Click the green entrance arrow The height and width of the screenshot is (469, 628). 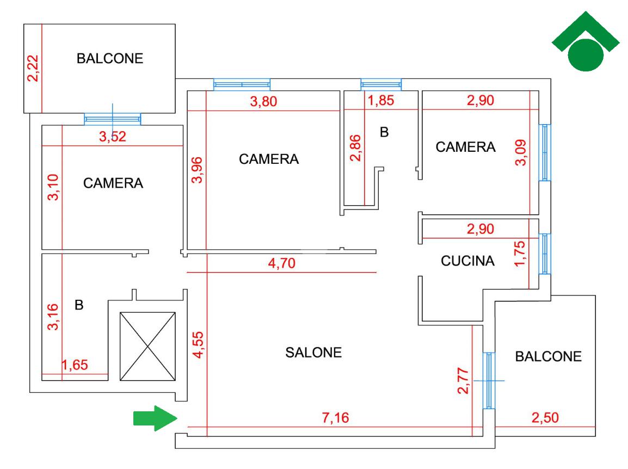pyautogui.click(x=156, y=418)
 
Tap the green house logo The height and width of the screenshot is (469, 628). pyautogui.click(x=586, y=41)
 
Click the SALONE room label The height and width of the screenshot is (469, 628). pyautogui.click(x=313, y=353)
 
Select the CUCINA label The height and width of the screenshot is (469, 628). pyautogui.click(x=467, y=261)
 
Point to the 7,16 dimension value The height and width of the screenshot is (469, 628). pyautogui.click(x=336, y=418)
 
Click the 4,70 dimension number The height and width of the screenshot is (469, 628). pyautogui.click(x=281, y=263)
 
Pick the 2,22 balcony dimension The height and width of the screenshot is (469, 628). pyautogui.click(x=33, y=69)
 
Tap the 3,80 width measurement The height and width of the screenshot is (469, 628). pyautogui.click(x=263, y=101)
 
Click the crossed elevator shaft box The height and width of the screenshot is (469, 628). pyautogui.click(x=148, y=347)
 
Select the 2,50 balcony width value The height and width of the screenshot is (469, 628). pyautogui.click(x=545, y=418)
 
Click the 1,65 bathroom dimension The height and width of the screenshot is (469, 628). pyautogui.click(x=75, y=365)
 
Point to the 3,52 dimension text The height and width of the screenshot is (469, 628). pyautogui.click(x=113, y=137)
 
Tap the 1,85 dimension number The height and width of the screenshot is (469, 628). pyautogui.click(x=381, y=100)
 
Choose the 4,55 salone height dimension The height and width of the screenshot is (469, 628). pyautogui.click(x=198, y=344)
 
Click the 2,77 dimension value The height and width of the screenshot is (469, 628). pyautogui.click(x=463, y=381)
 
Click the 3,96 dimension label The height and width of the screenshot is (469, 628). pyautogui.click(x=196, y=170)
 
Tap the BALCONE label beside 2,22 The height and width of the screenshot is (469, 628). pyautogui.click(x=110, y=58)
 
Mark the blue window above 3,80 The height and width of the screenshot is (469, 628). pyautogui.click(x=242, y=84)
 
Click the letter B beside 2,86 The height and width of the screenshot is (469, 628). pyautogui.click(x=384, y=132)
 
